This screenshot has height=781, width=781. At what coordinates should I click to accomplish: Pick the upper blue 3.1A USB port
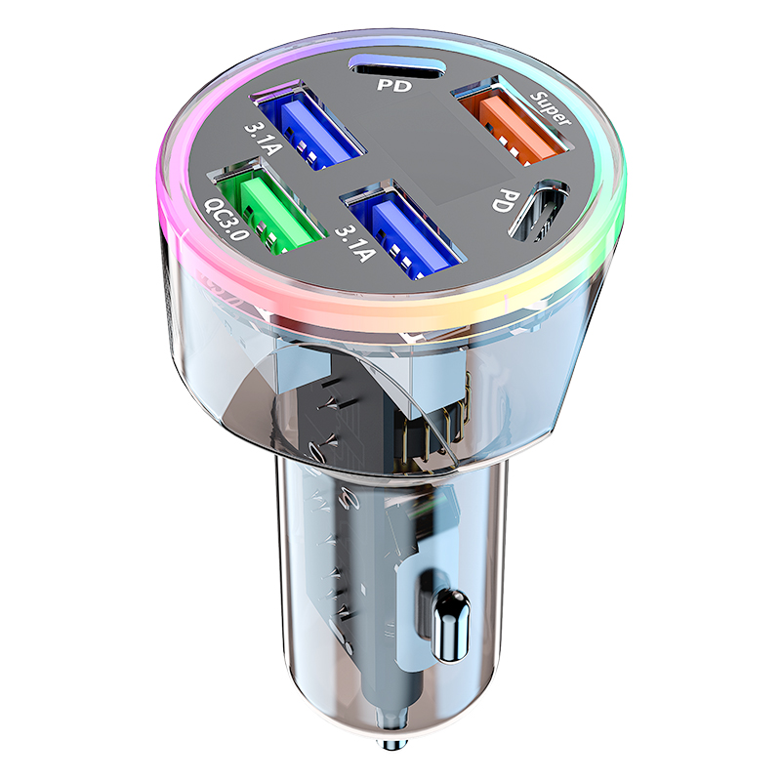(309, 125)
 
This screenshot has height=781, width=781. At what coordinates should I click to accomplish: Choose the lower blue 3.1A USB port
(403, 229)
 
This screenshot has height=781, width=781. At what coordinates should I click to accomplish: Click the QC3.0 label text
(226, 218)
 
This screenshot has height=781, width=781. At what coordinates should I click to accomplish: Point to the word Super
(551, 107)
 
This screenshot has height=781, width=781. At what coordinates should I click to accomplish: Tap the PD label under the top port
(394, 85)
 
